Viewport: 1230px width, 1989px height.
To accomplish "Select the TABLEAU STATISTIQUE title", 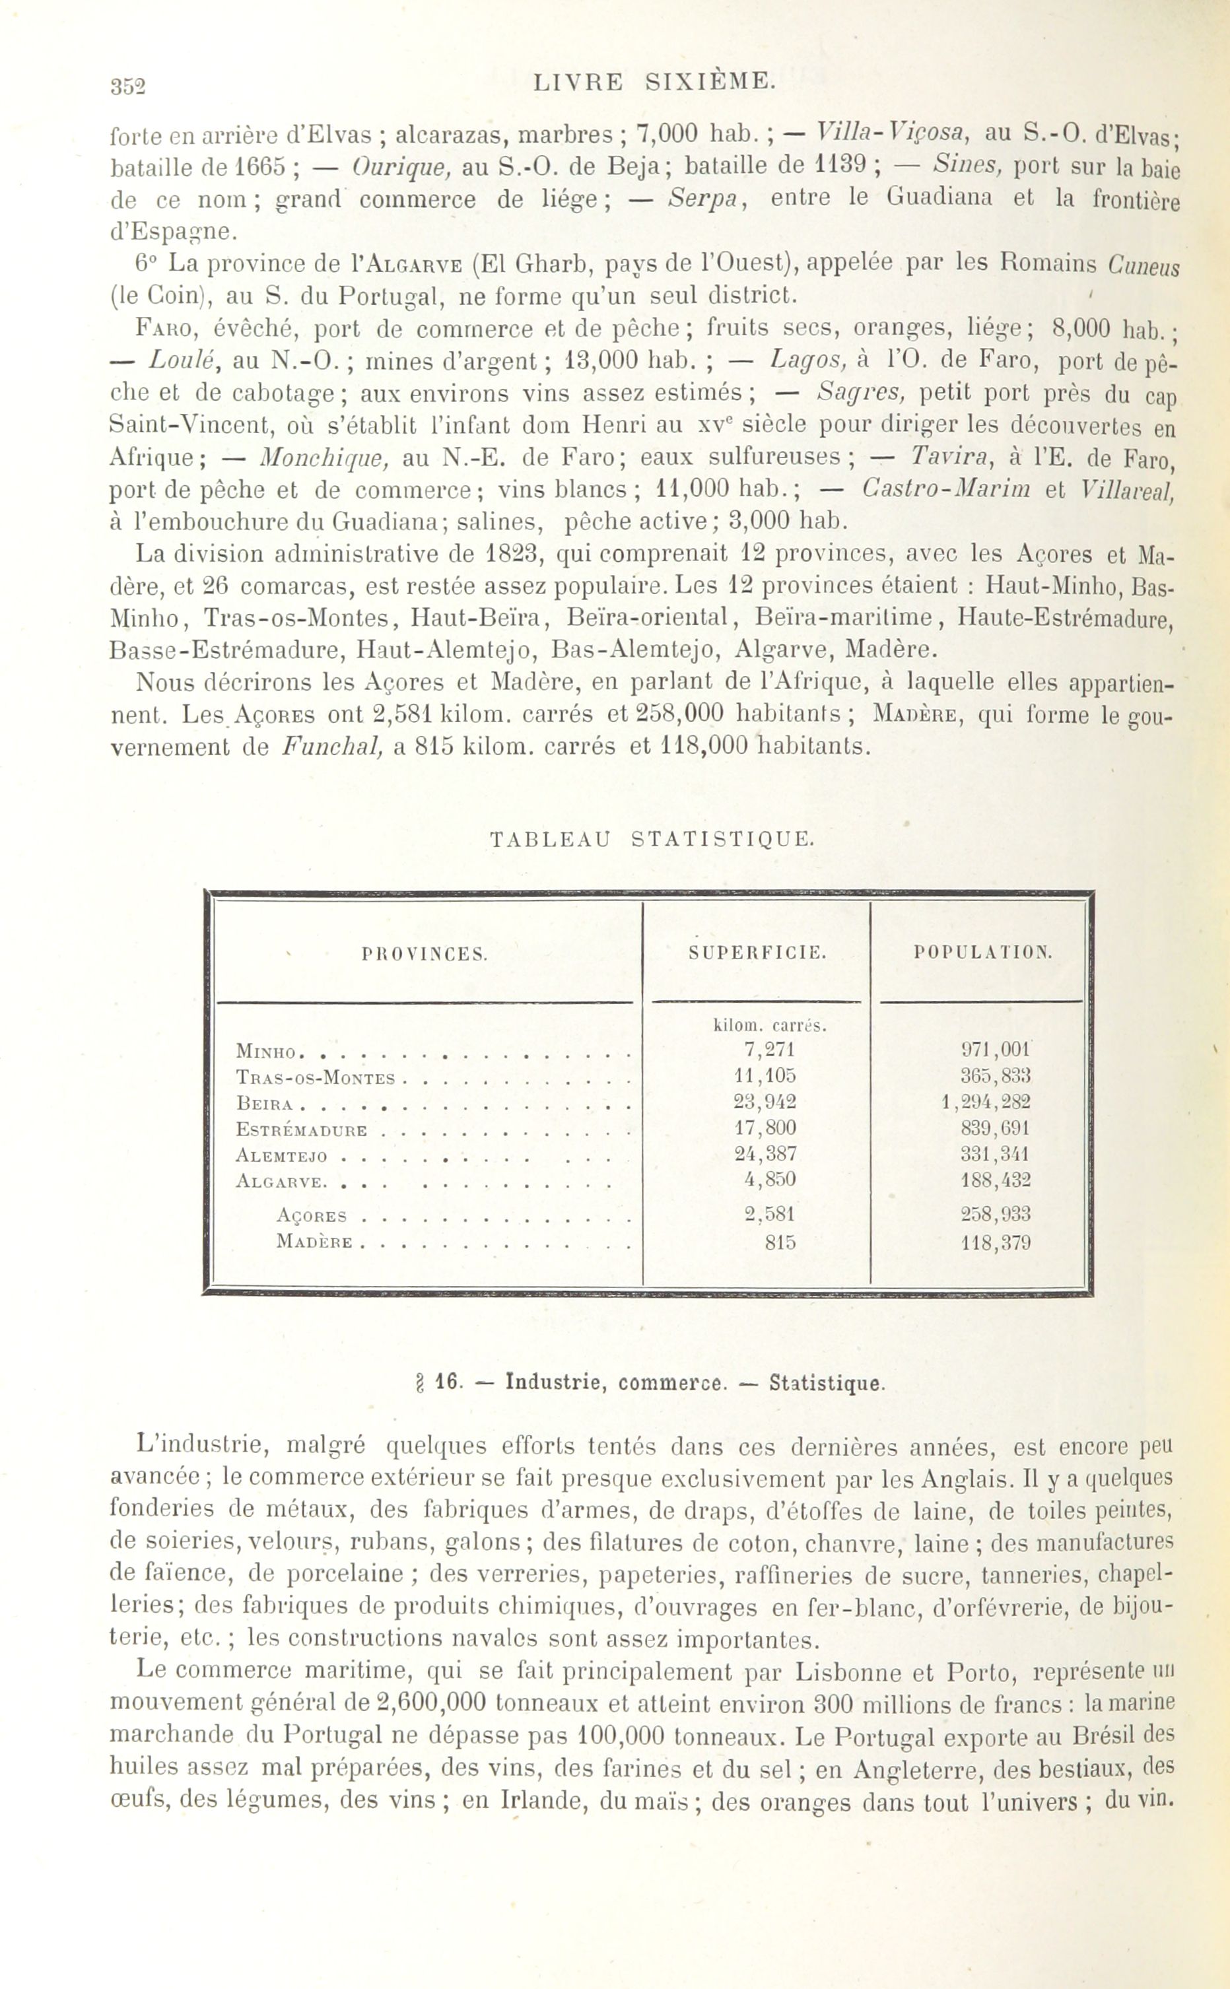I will (x=652, y=839).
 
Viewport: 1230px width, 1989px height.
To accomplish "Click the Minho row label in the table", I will (x=265, y=1052).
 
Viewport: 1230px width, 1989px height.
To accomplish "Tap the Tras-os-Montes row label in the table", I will (x=315, y=1078).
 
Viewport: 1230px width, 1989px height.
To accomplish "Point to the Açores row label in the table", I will (x=312, y=1217).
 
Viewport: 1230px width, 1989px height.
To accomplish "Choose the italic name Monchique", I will (x=324, y=457).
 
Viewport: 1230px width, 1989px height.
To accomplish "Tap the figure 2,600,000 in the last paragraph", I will (x=432, y=1702).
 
